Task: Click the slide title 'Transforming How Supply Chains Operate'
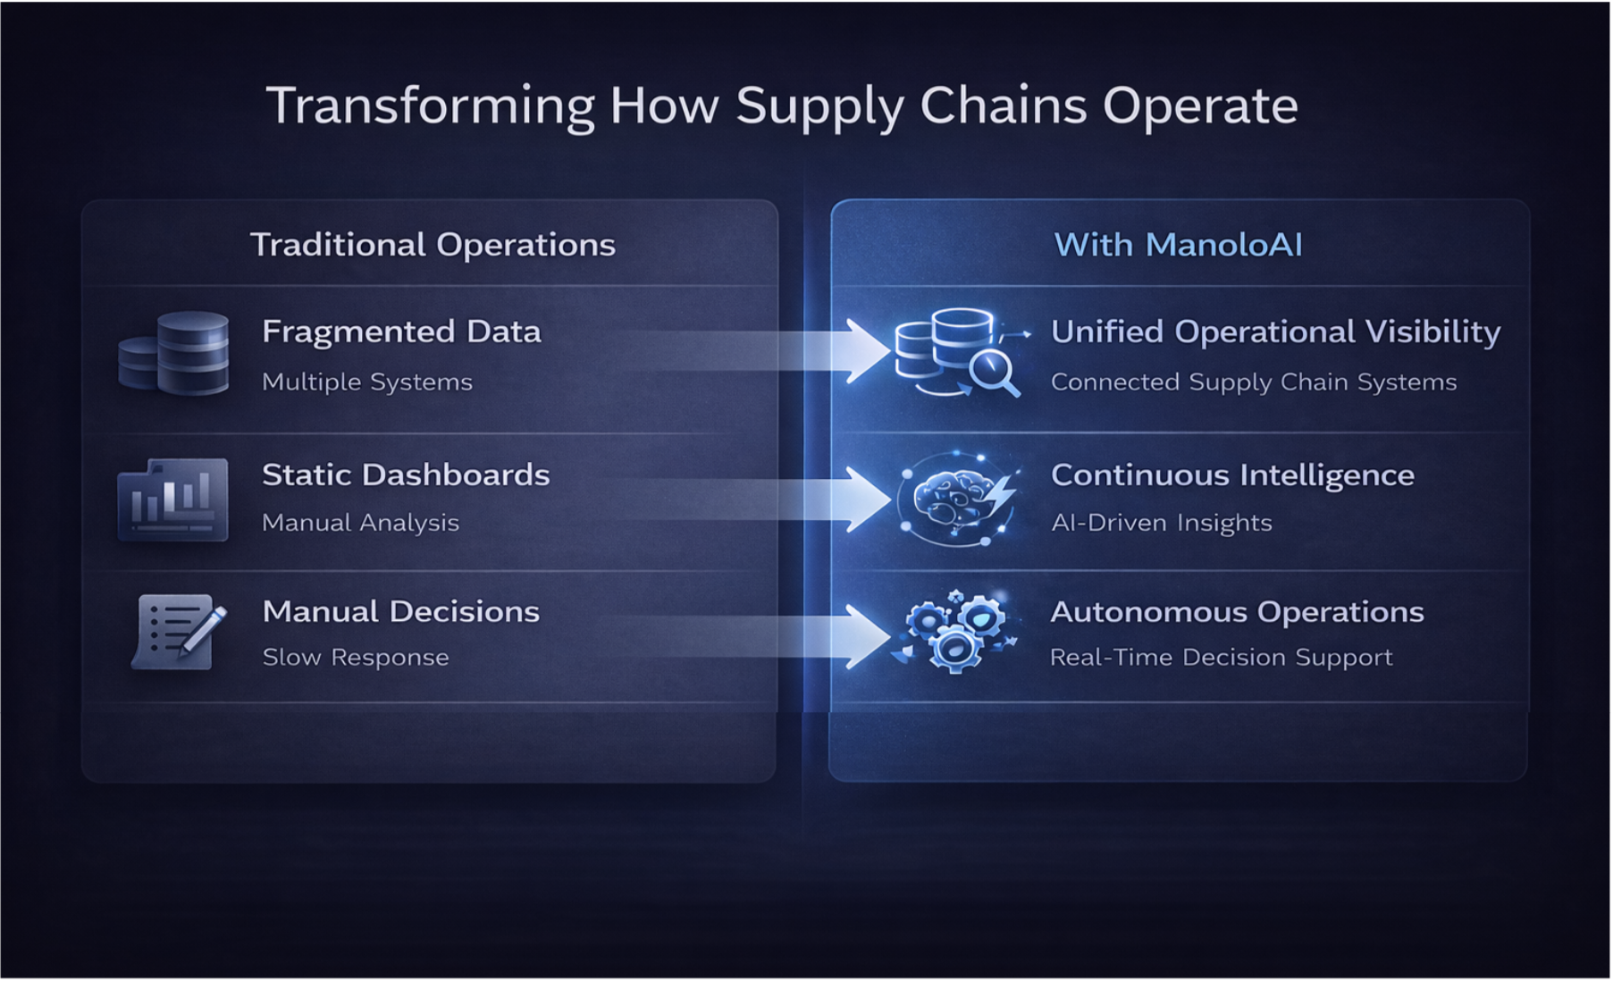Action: click(781, 106)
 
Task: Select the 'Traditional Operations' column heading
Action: click(433, 245)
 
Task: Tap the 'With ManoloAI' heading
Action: click(1178, 245)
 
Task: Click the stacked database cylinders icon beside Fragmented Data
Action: click(175, 354)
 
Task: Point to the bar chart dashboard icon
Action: click(173, 499)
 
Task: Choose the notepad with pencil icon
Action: click(178, 632)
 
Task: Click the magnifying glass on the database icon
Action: click(993, 371)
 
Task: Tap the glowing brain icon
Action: click(956, 498)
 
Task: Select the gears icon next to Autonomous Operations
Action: click(955, 631)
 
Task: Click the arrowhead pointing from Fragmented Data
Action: click(865, 351)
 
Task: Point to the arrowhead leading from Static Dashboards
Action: click(865, 499)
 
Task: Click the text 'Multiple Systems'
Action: click(366, 382)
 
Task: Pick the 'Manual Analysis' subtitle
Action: click(360, 523)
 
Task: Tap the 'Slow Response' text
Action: click(356, 658)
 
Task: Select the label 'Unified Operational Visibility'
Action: click(1275, 332)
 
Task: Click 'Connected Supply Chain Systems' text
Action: click(1253, 382)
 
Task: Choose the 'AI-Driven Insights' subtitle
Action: click(1161, 523)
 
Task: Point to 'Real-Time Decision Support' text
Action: click(1221, 658)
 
